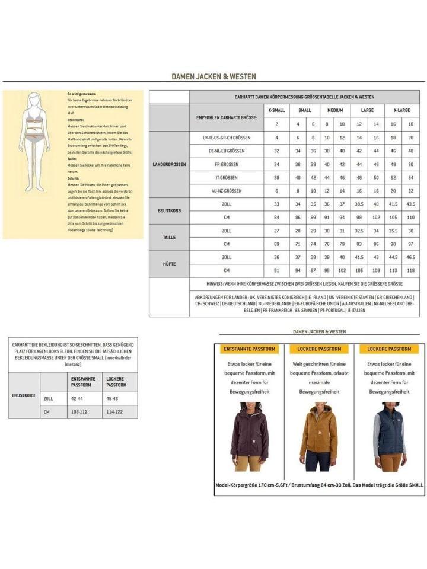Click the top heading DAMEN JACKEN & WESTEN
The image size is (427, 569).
point(214,76)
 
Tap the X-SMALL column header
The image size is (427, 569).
point(276,111)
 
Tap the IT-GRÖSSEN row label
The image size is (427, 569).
point(226,177)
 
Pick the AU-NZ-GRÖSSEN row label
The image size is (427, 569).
point(226,191)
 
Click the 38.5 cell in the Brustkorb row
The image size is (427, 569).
point(359,204)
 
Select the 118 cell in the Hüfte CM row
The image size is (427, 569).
point(410,271)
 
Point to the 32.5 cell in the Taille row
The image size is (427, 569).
point(359,231)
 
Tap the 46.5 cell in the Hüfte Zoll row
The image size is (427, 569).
point(410,258)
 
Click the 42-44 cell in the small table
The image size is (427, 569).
point(78,399)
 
